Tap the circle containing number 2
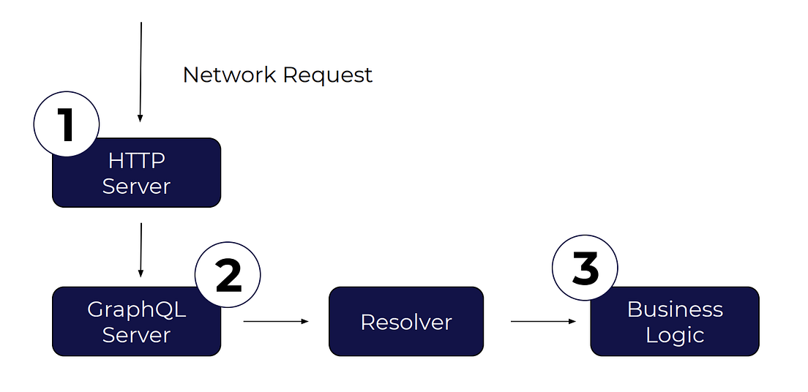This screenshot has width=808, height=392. pyautogui.click(x=228, y=276)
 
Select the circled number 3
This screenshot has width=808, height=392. pyautogui.click(x=585, y=268)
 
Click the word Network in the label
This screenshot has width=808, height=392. pyautogui.click(x=229, y=75)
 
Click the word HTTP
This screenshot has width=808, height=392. pyautogui.click(x=136, y=160)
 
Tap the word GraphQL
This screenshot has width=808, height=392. pyautogui.click(x=136, y=309)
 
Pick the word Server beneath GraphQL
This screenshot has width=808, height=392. pyautogui.click(x=136, y=335)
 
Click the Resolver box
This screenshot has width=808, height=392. pyautogui.click(x=406, y=322)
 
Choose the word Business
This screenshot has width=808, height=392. pyautogui.click(x=675, y=309)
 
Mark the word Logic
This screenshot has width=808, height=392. pyautogui.click(x=675, y=335)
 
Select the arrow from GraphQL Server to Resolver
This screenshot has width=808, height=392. pyautogui.click(x=275, y=321)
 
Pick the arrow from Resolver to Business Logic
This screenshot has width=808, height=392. pyautogui.click(x=542, y=321)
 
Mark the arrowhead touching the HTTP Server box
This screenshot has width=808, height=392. pyautogui.click(x=141, y=118)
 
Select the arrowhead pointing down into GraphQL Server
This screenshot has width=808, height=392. pyautogui.click(x=141, y=274)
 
